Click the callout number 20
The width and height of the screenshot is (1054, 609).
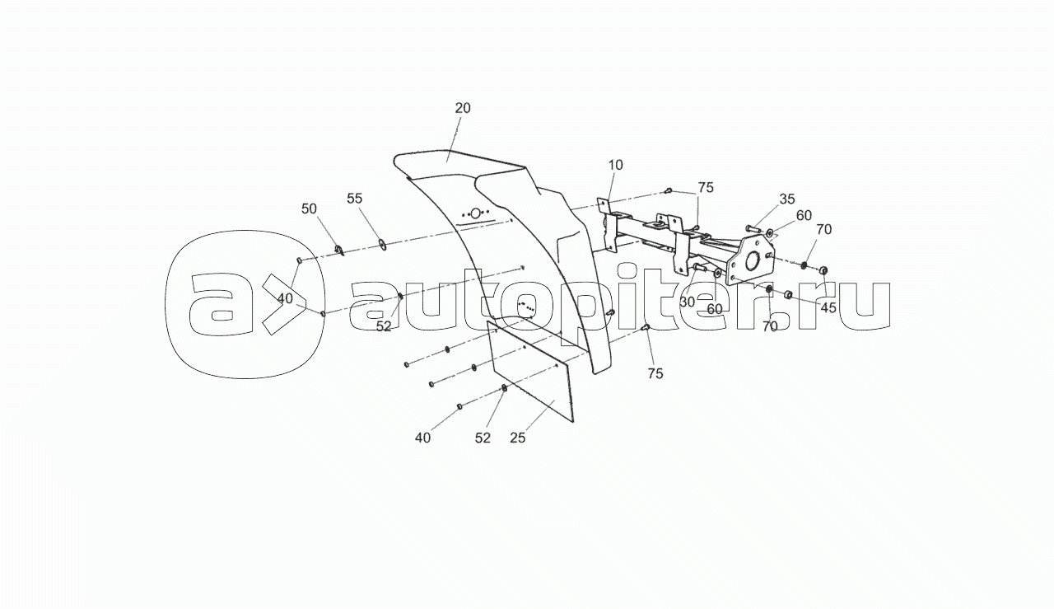[x=463, y=108]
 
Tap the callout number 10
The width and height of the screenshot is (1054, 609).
[x=615, y=165]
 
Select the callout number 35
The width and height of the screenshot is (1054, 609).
[x=786, y=199]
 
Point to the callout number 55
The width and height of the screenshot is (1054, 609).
[x=354, y=199]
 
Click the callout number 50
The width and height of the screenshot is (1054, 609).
[x=309, y=208]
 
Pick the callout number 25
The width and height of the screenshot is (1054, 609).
[x=518, y=438]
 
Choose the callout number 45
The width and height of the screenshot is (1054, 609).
[x=828, y=307]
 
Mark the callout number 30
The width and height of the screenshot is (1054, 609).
[x=688, y=302]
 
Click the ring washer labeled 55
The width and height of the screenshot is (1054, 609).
[x=382, y=245]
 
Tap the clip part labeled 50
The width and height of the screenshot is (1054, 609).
[x=340, y=251]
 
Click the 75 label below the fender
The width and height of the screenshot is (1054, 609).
[x=655, y=373]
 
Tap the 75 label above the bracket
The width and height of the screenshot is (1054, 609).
[x=706, y=187]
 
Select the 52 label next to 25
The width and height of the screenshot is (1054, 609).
[x=483, y=438]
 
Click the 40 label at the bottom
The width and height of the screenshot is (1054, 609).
[x=422, y=438]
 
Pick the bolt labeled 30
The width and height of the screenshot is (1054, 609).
[x=700, y=268]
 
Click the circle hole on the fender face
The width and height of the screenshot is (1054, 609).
[x=476, y=213]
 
